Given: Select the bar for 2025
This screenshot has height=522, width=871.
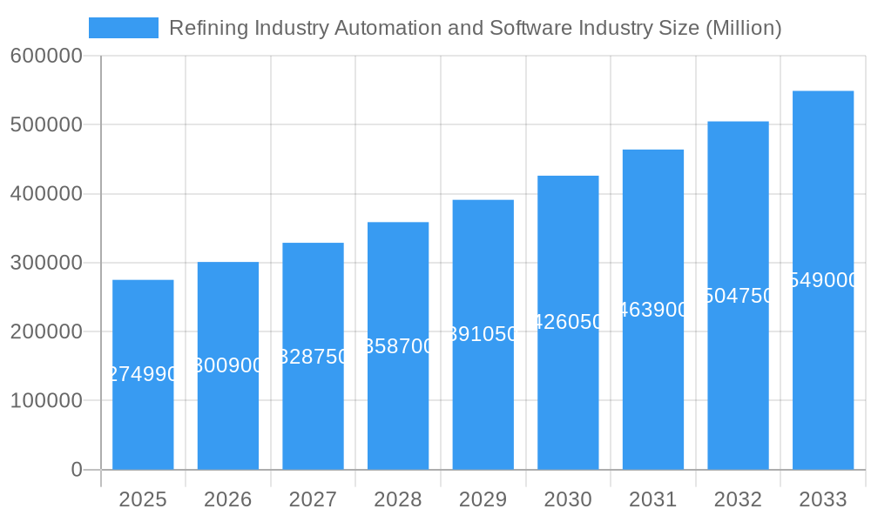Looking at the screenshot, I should pyautogui.click(x=143, y=418).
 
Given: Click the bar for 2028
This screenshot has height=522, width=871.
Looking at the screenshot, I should pyautogui.click(x=398, y=409).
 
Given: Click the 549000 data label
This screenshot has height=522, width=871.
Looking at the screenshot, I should pyautogui.click(x=823, y=280).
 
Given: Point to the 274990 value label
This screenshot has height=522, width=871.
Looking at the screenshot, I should pyautogui.click(x=143, y=374).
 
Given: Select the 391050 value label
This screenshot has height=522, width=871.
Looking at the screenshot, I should pyautogui.click(x=483, y=334).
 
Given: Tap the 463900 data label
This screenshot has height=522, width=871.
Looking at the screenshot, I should pyautogui.click(x=653, y=310).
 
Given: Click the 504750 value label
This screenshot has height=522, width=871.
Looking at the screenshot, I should pyautogui.click(x=738, y=296).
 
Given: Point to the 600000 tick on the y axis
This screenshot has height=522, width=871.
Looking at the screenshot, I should pyautogui.click(x=46, y=56).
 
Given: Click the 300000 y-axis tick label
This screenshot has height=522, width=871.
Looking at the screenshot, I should pyautogui.click(x=46, y=263).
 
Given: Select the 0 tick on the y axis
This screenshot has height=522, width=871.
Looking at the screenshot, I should pyautogui.click(x=76, y=470).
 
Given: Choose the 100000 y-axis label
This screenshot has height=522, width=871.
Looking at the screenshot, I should pyautogui.click(x=46, y=401).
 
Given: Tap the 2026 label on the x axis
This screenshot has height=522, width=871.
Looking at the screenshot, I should pyautogui.click(x=228, y=499).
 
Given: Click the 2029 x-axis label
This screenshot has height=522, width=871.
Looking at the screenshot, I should pyautogui.click(x=483, y=499).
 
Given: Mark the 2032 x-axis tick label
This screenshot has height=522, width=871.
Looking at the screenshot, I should pyautogui.click(x=738, y=499).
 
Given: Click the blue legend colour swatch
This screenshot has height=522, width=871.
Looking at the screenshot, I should pyautogui.click(x=124, y=28).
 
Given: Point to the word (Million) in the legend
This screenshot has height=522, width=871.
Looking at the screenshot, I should pyautogui.click(x=743, y=28).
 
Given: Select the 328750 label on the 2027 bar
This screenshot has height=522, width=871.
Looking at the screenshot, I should pyautogui.click(x=313, y=357).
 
